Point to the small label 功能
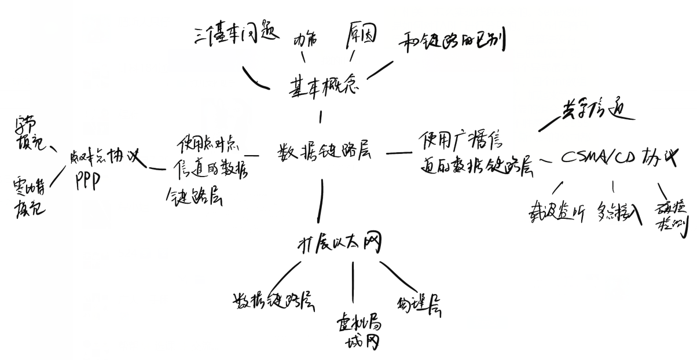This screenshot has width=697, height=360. (306, 44)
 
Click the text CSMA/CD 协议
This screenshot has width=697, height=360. (618, 158)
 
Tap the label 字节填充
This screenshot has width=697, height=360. (26, 134)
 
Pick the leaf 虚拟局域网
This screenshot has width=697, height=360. (358, 331)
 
